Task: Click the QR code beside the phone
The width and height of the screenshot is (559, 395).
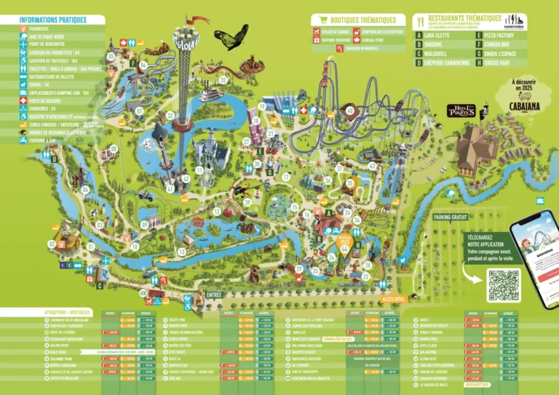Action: click(504, 284)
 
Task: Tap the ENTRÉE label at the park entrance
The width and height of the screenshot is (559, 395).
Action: click(214, 294)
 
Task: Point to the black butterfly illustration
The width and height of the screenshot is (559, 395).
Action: click(231, 38)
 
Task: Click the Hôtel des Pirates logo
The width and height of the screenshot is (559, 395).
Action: click(461, 111)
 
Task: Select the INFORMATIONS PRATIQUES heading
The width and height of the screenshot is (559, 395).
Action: click(52, 20)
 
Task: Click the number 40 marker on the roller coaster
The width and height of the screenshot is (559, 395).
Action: click(350, 111)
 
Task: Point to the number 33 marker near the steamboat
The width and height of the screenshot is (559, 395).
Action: click(223, 79)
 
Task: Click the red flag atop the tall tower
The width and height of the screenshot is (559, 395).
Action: click(197, 19)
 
